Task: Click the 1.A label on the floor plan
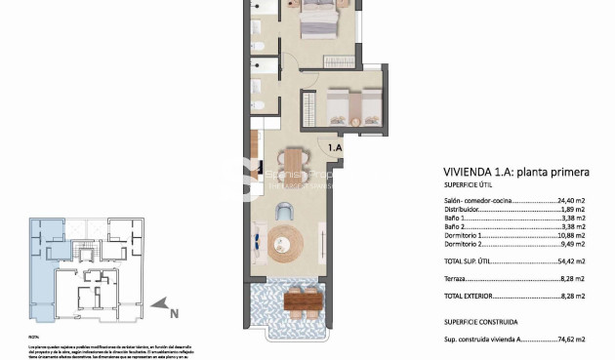[335, 147]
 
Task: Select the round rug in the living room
[287, 241]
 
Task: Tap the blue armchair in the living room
[285, 211]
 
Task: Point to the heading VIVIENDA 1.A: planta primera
[516, 172]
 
